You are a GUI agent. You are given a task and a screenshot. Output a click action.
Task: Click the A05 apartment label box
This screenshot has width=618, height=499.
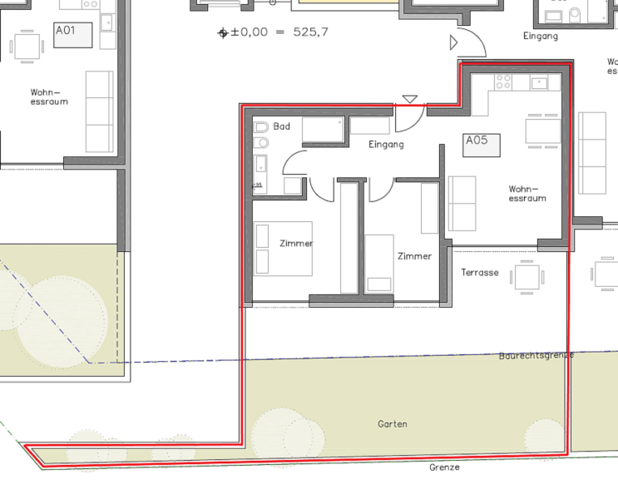pyautogui.click(x=482, y=146)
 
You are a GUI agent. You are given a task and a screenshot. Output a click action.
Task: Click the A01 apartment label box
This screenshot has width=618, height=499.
pyautogui.click(x=73, y=35)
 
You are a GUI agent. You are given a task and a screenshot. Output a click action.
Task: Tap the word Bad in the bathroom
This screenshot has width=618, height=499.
pyautogui.click(x=282, y=126)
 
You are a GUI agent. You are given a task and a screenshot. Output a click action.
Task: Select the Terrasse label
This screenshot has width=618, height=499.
pyautogui.click(x=480, y=272)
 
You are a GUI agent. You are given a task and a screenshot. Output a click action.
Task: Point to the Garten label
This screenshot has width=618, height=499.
pyautogui.click(x=392, y=424)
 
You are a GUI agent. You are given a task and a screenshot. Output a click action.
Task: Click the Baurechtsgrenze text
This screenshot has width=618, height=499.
pyautogui.click(x=536, y=355)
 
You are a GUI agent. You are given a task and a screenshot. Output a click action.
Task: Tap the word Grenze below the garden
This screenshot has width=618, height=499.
pyautogui.click(x=444, y=467)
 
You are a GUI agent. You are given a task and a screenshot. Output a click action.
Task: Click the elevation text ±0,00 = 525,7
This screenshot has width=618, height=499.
pyautogui.click(x=279, y=32)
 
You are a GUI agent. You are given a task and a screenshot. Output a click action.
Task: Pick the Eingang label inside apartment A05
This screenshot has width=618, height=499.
pyautogui.click(x=386, y=145)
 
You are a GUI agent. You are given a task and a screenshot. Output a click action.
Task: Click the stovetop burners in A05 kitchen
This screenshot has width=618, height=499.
pyautogui.click(x=503, y=82)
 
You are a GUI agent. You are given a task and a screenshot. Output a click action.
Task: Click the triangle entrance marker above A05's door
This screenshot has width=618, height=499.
pyautogui.click(x=410, y=99)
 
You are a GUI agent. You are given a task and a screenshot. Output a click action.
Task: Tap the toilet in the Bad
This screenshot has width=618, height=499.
pyautogui.click(x=261, y=127)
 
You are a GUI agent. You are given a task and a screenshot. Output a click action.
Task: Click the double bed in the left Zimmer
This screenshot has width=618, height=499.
pyautogui.click(x=284, y=249)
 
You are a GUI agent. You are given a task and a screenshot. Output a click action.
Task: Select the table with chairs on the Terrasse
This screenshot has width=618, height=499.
pyautogui.click(x=527, y=277)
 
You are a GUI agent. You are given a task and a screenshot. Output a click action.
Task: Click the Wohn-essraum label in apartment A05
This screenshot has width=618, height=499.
pyautogui.click(x=527, y=194)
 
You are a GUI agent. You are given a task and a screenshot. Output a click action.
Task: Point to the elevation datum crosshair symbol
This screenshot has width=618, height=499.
pyautogui.click(x=223, y=33)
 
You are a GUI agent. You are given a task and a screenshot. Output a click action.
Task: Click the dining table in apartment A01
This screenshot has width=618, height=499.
pyautogui.click(x=27, y=47)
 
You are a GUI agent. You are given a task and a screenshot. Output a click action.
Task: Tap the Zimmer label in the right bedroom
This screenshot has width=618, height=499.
pyautogui.click(x=414, y=256)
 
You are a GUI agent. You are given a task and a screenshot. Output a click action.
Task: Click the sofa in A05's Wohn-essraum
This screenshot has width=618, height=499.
pyautogui.click(x=462, y=204)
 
